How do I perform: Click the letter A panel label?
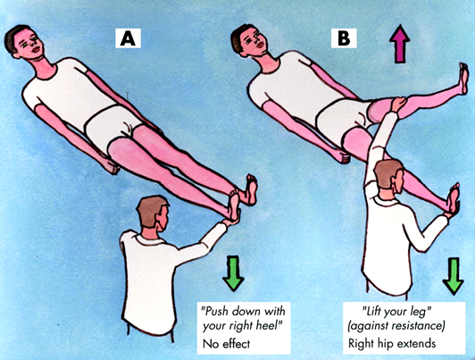click(128, 38)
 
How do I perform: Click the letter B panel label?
click(344, 38)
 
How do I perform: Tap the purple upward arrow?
click(400, 44)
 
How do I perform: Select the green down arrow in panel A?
click(233, 273)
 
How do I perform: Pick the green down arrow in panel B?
click(454, 276)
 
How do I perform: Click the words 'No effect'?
click(226, 344)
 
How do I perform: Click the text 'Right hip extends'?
click(392, 343)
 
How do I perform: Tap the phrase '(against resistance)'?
click(396, 326)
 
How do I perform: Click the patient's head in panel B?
click(249, 40)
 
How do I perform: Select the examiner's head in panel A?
click(153, 213)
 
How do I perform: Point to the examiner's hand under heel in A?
click(233, 221)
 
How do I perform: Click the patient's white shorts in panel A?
click(112, 127)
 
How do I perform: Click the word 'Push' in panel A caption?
click(216, 311)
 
